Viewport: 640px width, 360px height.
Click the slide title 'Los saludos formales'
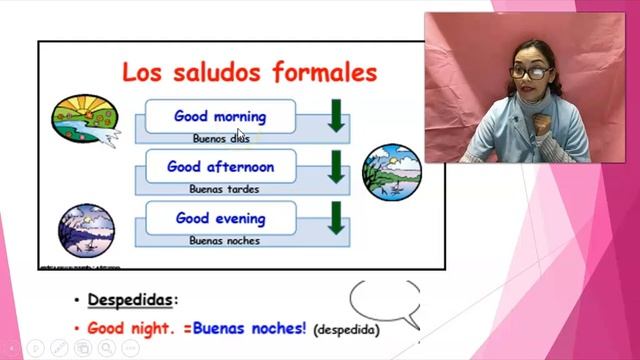pyautogui.click(x=249, y=73)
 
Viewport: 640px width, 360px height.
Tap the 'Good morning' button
pyautogui.click(x=220, y=116)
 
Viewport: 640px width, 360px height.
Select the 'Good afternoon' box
pyautogui.click(x=220, y=167)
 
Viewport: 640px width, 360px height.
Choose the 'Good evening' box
pyautogui.click(x=220, y=218)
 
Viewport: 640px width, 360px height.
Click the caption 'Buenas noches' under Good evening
pyautogui.click(x=224, y=240)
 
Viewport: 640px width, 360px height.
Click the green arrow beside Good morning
pyautogui.click(x=336, y=115)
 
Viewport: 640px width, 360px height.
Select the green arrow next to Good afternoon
pyautogui.click(x=336, y=166)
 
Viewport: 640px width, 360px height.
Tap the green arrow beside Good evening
pyautogui.click(x=336, y=217)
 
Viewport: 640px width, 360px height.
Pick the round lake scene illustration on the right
pyautogui.click(x=391, y=172)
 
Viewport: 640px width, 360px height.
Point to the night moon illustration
pyautogui.click(x=86, y=231)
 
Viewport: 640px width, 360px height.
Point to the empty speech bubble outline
pyautogui.click(x=386, y=301)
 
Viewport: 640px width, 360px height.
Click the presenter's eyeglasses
pyautogui.click(x=530, y=71)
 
